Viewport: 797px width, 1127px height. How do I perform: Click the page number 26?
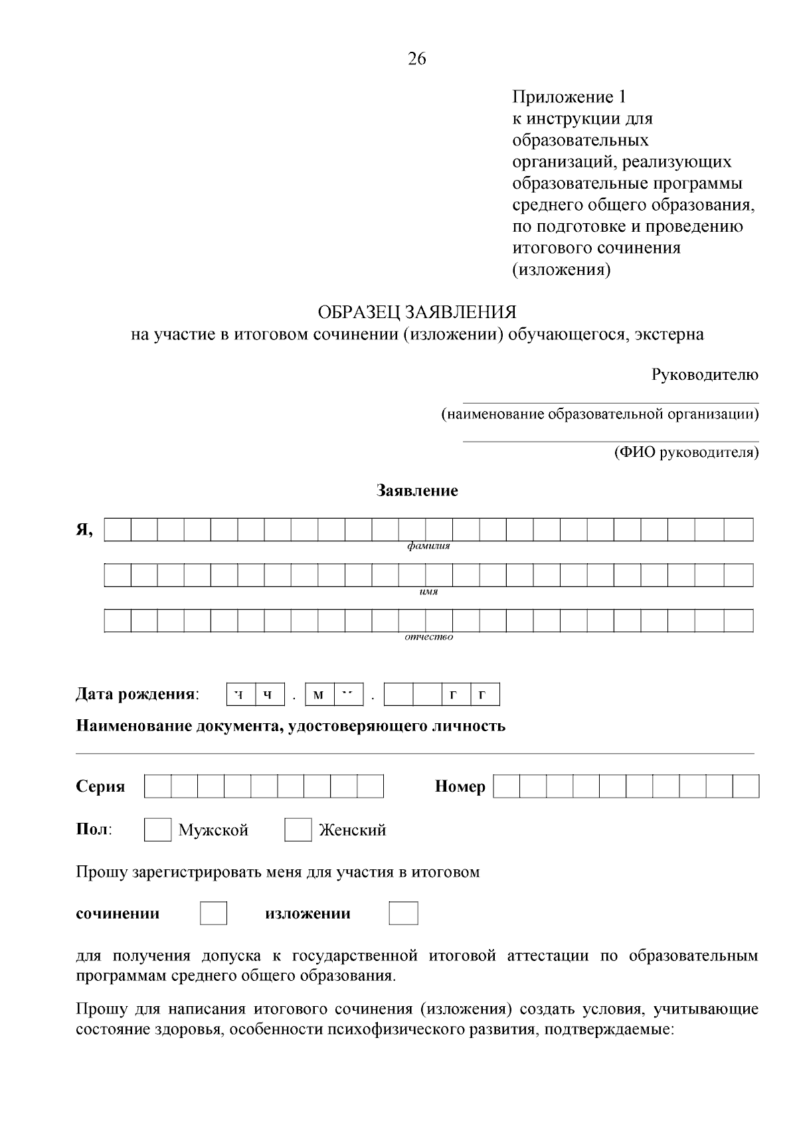(417, 59)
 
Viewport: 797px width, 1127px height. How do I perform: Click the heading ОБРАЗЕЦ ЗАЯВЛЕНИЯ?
(417, 312)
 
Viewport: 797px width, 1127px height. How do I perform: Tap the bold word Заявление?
(417, 491)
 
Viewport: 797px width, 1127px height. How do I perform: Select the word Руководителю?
(705, 375)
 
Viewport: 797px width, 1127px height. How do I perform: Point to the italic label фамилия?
(428, 547)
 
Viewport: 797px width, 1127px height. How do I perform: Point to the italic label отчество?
(428, 638)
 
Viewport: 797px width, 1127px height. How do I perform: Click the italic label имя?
(428, 592)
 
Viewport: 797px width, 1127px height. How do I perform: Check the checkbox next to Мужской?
(158, 830)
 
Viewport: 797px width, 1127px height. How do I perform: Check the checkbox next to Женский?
(298, 830)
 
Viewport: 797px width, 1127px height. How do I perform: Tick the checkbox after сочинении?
(213, 914)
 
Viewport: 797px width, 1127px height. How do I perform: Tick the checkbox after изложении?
(403, 914)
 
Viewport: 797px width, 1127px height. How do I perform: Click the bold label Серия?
(101, 787)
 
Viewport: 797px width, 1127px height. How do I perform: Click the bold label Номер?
(460, 787)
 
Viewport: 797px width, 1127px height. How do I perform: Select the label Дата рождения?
(137, 695)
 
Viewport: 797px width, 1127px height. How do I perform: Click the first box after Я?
(118, 530)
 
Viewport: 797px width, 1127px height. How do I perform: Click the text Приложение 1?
(569, 98)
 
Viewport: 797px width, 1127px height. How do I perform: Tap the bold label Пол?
(94, 830)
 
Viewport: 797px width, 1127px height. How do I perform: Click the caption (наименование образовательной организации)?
(600, 415)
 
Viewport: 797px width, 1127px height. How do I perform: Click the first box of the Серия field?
(157, 787)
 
